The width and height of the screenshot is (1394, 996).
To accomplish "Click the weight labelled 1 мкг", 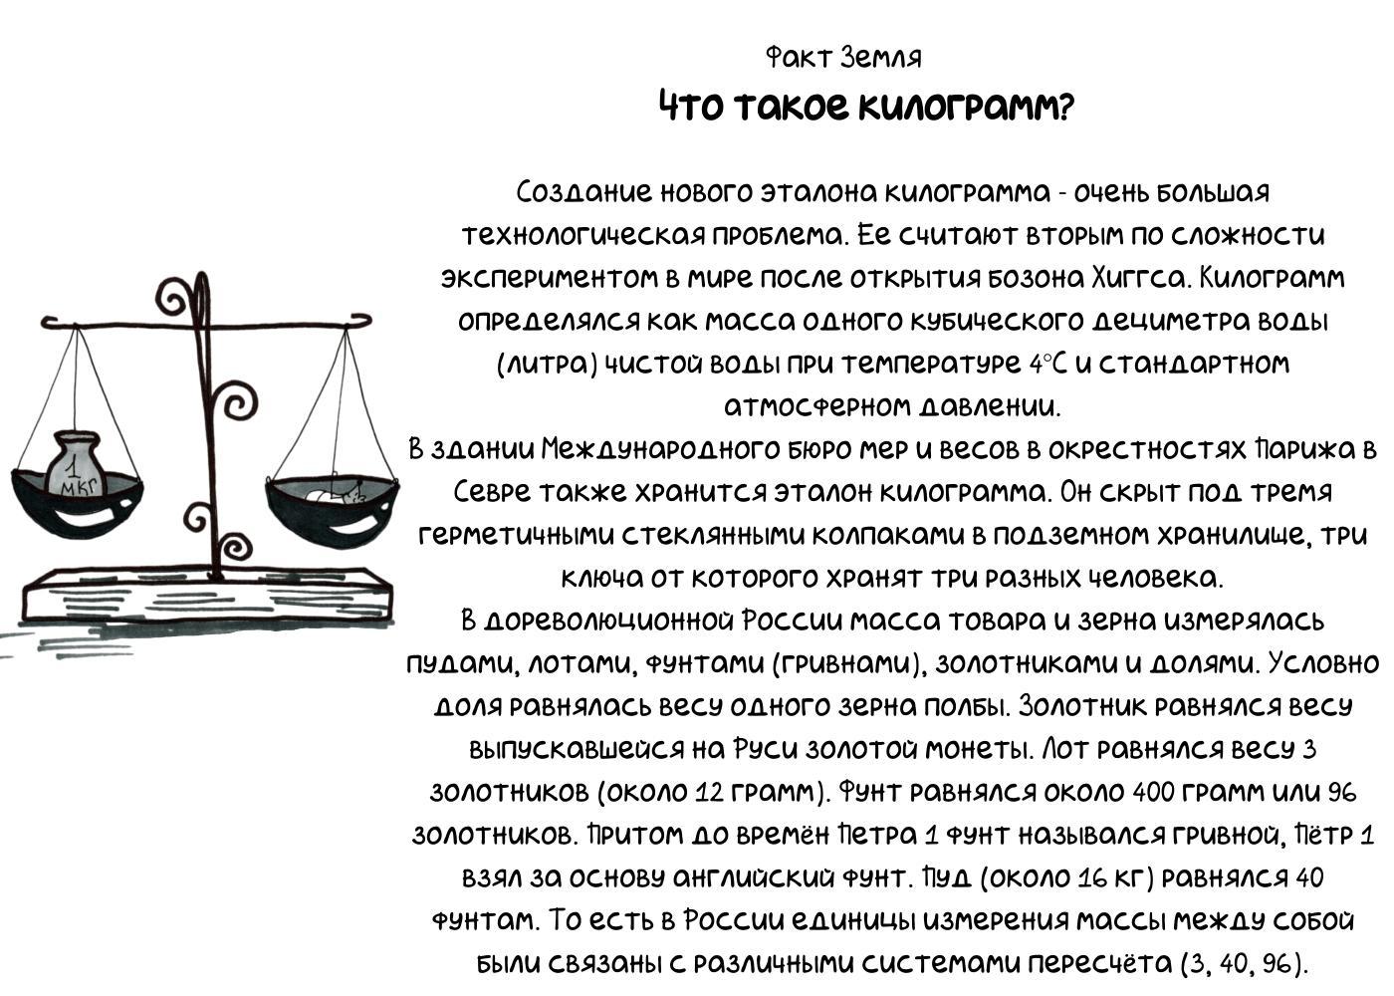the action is [x=76, y=466].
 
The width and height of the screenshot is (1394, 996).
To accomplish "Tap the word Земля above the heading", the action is [x=880, y=58].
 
